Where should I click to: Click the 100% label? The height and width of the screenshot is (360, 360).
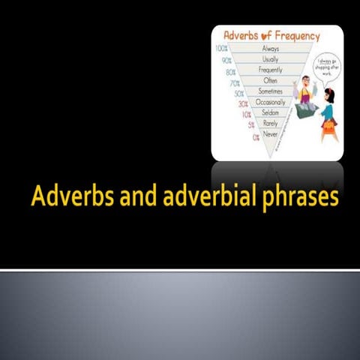[222, 49]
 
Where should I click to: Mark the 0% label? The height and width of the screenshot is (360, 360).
[256, 138]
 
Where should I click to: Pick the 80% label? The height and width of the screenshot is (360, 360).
[229, 73]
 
